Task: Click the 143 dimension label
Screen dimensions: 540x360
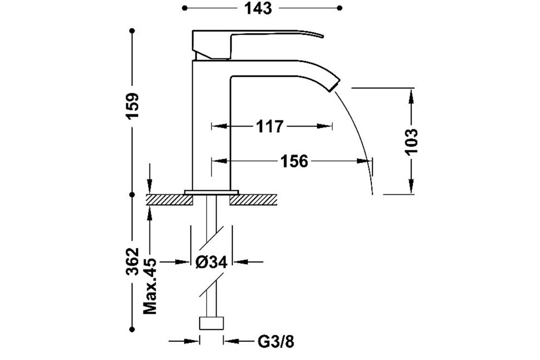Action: pos(258,9)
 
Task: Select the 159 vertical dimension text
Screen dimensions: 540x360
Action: pos(132,106)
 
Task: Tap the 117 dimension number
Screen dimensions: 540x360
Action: pos(269,126)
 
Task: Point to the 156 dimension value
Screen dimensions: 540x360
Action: pos(294,161)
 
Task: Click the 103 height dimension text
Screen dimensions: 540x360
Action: pos(411,143)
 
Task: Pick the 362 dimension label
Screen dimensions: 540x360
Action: pos(132,261)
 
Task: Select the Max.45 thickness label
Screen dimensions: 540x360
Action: pos(150,286)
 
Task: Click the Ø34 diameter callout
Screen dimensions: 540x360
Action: pos(211,262)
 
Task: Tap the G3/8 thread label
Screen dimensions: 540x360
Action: pos(276,342)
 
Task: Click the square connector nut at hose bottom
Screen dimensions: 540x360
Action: pos(211,323)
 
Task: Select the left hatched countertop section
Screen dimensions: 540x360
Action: pos(169,200)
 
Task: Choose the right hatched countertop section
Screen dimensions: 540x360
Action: pos(253,200)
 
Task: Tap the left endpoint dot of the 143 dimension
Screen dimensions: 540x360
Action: pos(184,8)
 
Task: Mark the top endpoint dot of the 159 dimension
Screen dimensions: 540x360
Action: pos(132,31)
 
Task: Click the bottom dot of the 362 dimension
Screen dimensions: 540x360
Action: pos(132,329)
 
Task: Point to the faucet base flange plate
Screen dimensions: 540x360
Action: pos(211,192)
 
